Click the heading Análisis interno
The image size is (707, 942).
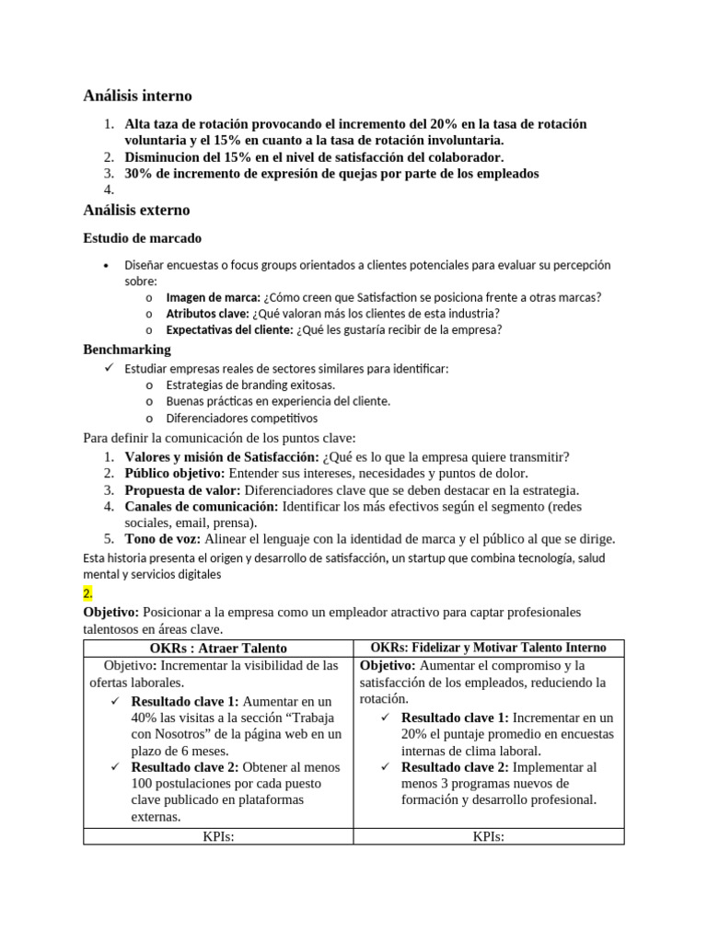pos(137,96)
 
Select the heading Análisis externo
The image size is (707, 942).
pos(136,210)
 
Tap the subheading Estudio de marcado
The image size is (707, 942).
pos(143,238)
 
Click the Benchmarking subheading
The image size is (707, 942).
pos(127,350)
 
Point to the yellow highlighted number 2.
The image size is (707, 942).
pos(88,594)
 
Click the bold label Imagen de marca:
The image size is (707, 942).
pos(213,297)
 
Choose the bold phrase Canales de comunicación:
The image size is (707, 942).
pos(202,507)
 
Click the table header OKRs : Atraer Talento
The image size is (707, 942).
pos(217,649)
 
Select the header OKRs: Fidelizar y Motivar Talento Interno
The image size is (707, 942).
pos(488,649)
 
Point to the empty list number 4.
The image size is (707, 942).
pos(108,190)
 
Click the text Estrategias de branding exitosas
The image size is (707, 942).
pos(250,385)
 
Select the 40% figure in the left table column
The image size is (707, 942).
pos(145,718)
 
